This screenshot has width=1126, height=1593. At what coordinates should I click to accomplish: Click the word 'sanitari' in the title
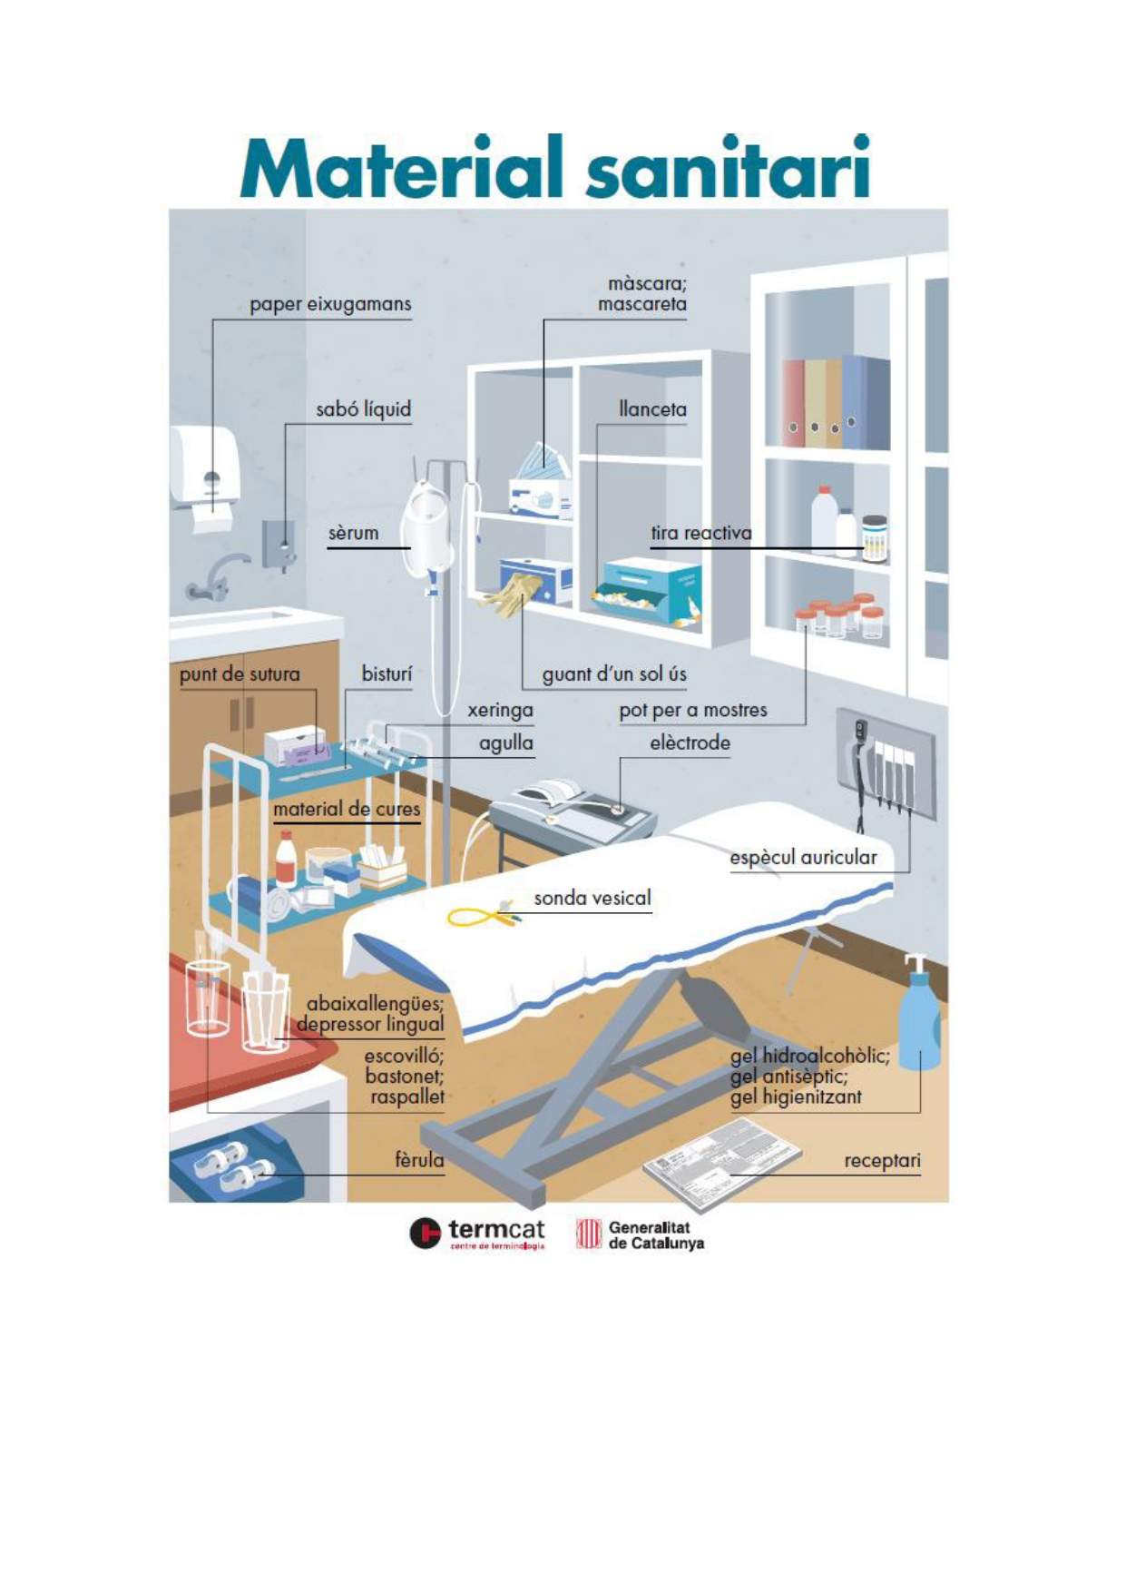(728, 169)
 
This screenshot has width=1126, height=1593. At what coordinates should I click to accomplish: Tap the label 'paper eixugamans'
(330, 305)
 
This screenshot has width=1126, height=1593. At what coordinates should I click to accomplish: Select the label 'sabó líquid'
(363, 410)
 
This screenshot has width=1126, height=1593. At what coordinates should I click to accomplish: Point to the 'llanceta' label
(652, 410)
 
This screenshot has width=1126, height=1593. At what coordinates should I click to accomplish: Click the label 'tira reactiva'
(700, 534)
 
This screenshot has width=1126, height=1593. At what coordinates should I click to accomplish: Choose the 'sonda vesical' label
(592, 899)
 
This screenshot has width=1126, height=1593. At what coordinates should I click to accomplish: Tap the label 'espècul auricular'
(803, 858)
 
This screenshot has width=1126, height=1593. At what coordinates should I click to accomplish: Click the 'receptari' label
(882, 1161)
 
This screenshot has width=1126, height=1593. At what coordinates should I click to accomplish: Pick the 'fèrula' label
(419, 1160)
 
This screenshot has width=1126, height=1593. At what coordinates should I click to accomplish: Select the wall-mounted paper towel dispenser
(206, 467)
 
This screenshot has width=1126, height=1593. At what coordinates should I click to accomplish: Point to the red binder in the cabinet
(793, 403)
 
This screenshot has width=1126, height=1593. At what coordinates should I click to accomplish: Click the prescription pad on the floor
(721, 1162)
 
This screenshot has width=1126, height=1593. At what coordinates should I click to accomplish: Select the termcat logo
(477, 1234)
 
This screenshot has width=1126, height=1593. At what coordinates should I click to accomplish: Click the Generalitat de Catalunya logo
(641, 1235)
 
